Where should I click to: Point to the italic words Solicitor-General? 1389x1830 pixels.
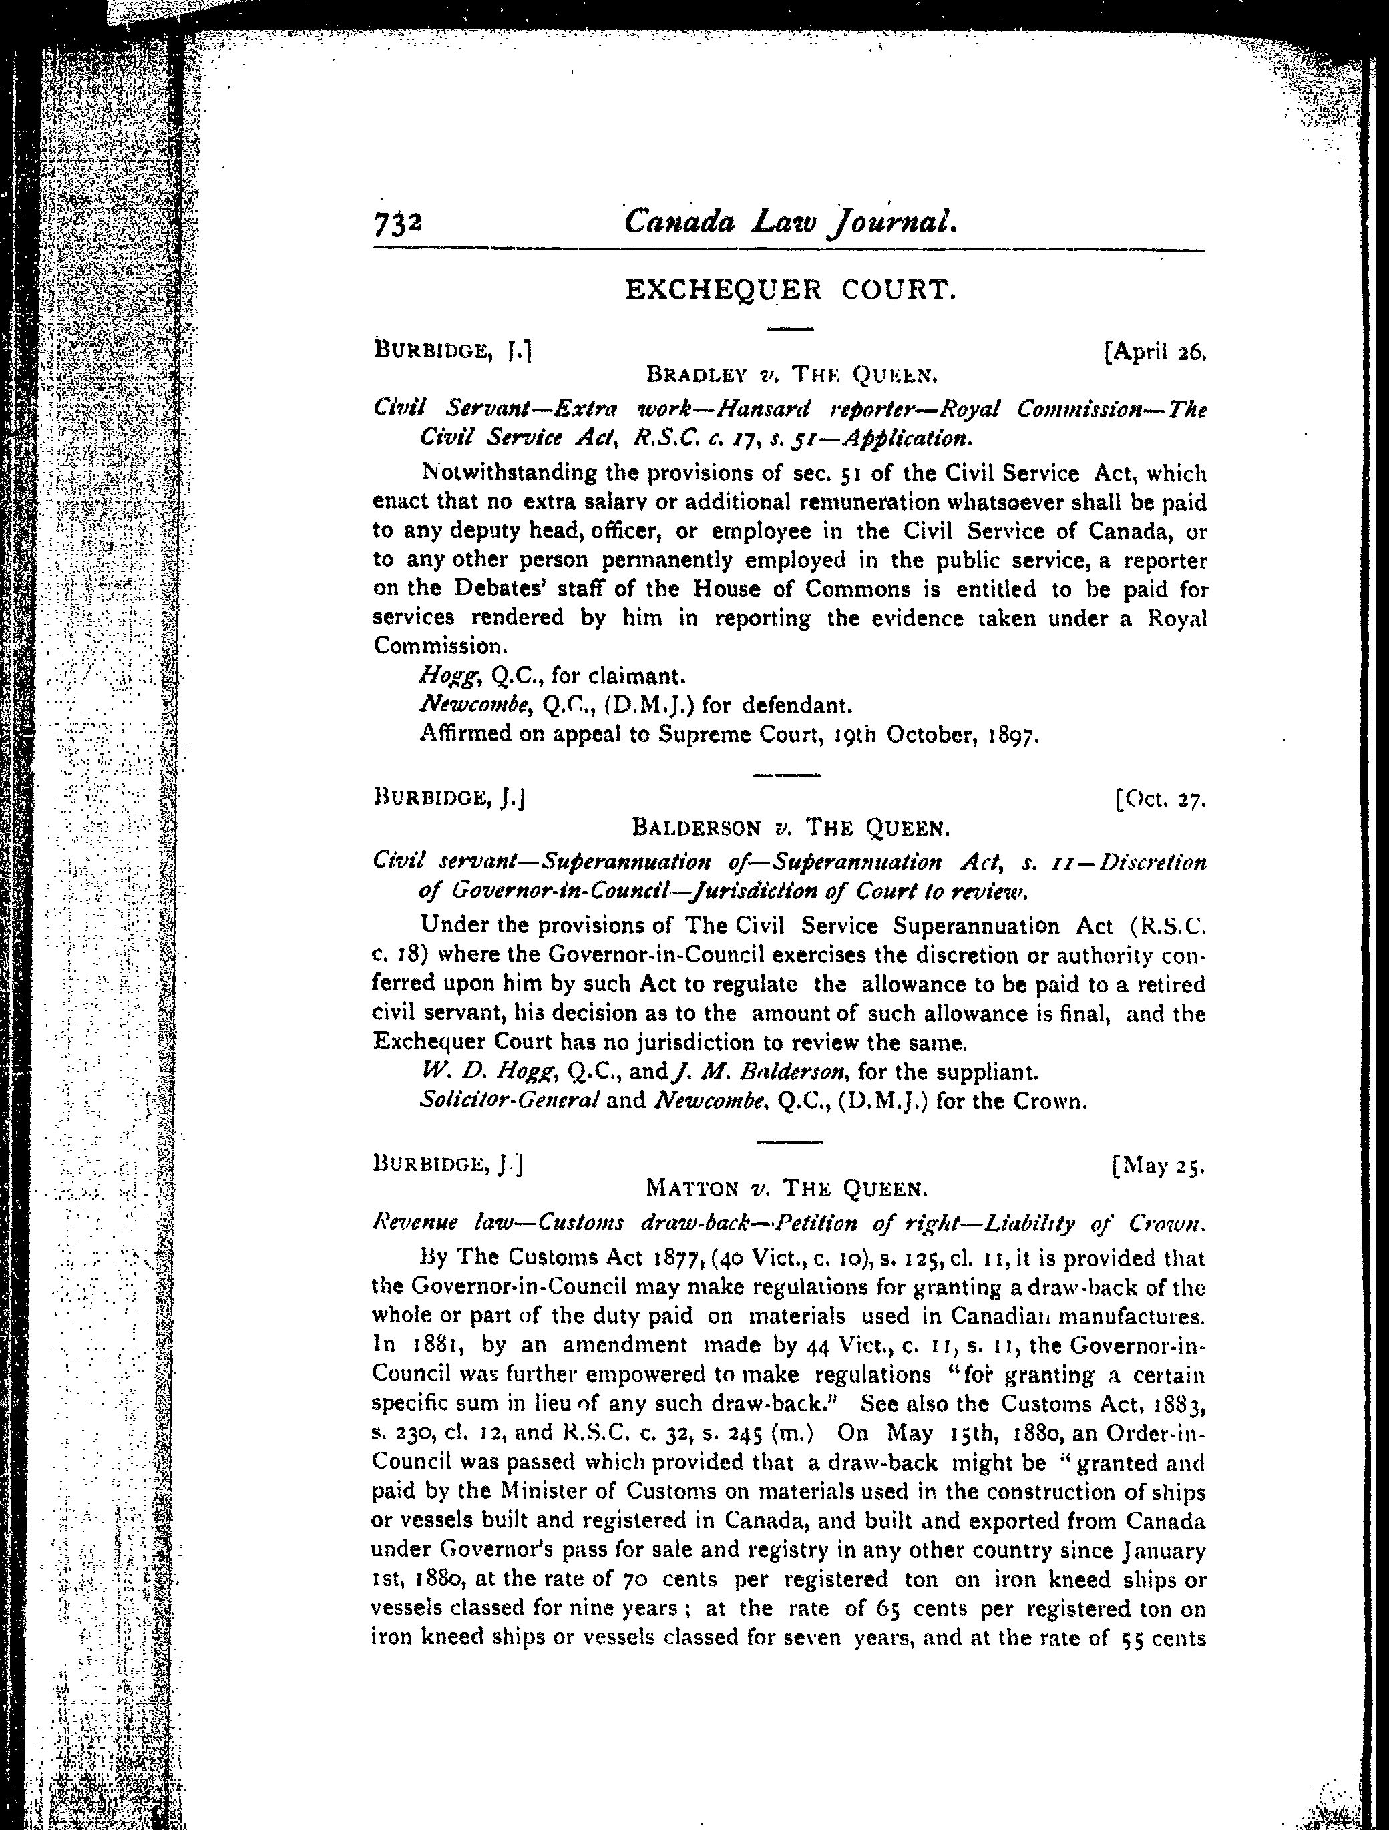coord(509,1102)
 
